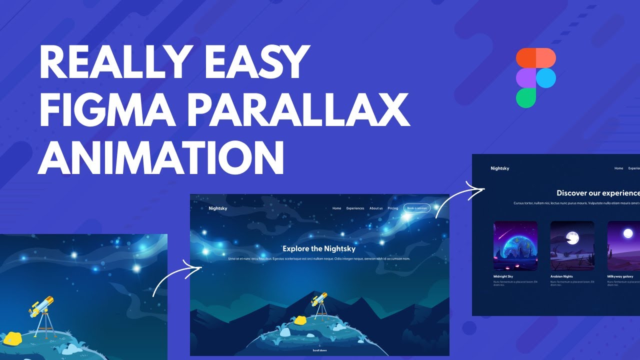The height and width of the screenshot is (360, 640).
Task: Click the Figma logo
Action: coord(535,77)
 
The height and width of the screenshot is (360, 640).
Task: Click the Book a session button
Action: coord(416,208)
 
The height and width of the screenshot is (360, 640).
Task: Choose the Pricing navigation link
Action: coord(392,208)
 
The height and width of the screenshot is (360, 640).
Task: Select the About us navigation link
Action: coord(376,208)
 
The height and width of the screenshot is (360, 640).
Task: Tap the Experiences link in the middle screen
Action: coord(355,208)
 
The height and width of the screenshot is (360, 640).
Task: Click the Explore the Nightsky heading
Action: coord(319,248)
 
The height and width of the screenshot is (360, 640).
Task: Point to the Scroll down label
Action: coord(319,350)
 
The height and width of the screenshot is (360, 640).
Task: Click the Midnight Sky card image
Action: coord(515,246)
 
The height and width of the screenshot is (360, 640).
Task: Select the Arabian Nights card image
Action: coord(572,246)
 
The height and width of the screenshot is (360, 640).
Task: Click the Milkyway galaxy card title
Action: coord(620,276)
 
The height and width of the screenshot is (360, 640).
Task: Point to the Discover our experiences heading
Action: coord(598,193)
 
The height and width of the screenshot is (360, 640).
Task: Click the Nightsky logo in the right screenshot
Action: coord(500,168)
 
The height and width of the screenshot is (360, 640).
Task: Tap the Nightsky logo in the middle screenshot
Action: coord(218,208)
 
